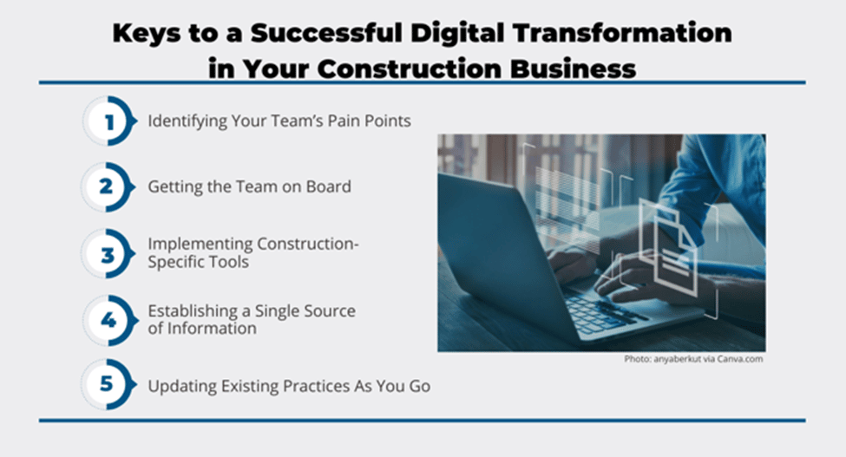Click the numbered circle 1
pyautogui.click(x=109, y=121)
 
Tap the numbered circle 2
pyautogui.click(x=108, y=187)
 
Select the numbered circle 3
pyautogui.click(x=108, y=254)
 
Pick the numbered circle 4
pyautogui.click(x=108, y=320)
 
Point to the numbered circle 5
pyautogui.click(x=108, y=384)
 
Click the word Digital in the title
pyautogui.click(x=456, y=34)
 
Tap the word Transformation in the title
pyautogui.click(x=622, y=33)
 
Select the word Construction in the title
pyautogui.click(x=410, y=69)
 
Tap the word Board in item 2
pyautogui.click(x=329, y=186)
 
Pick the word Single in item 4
pyautogui.click(x=276, y=311)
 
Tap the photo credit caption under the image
pyautogui.click(x=693, y=359)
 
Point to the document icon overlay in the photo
pyautogui.click(x=667, y=246)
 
